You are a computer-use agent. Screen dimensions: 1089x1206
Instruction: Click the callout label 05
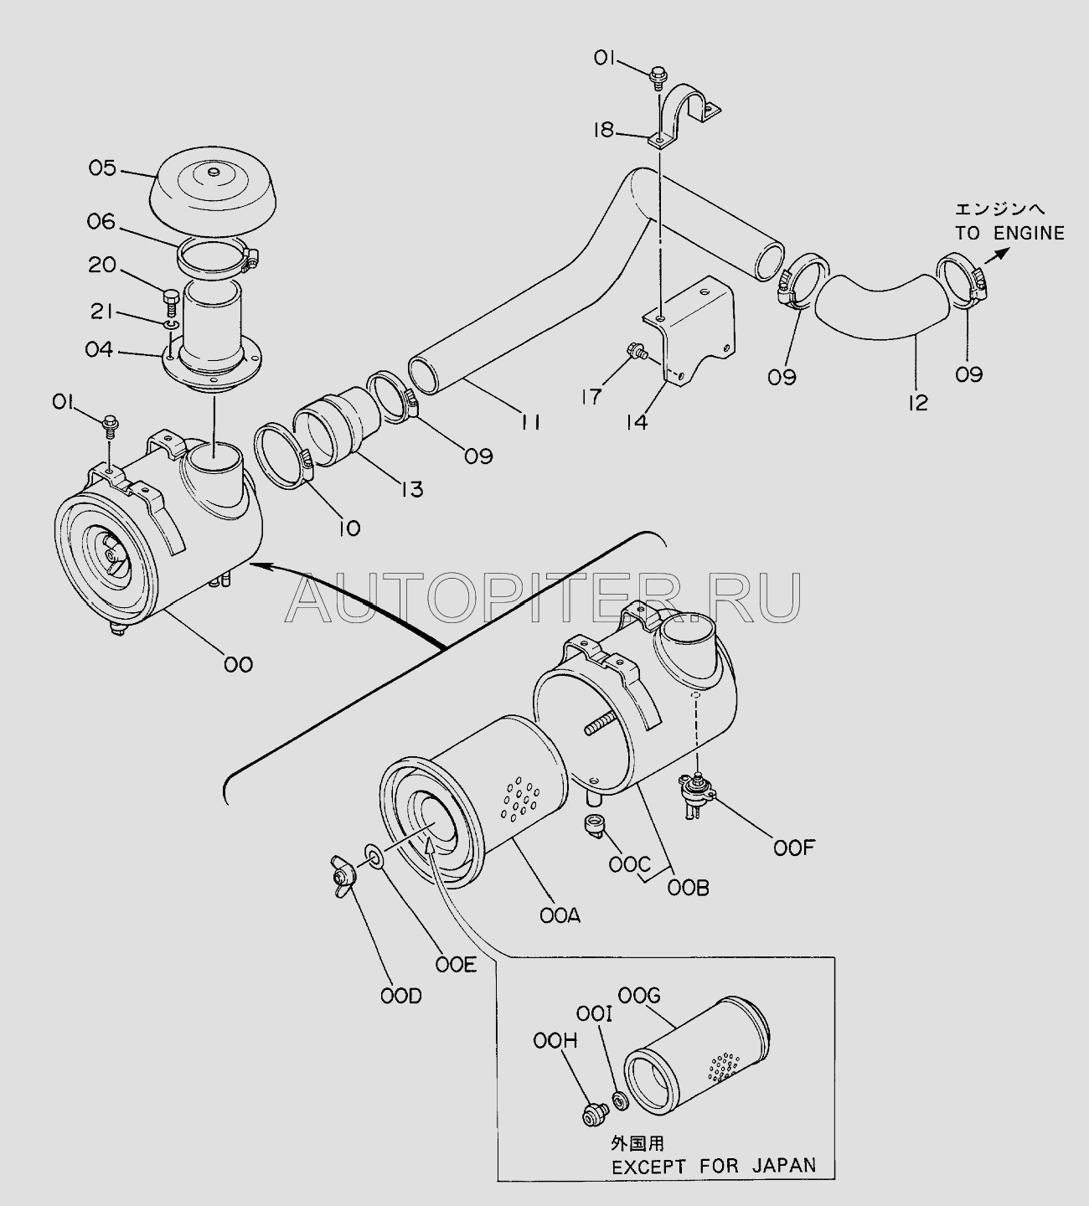point(102,168)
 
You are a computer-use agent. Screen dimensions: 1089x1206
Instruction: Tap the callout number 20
point(102,265)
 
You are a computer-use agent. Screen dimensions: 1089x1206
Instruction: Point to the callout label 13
point(412,489)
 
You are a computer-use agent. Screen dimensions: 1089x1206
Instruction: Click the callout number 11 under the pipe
point(529,422)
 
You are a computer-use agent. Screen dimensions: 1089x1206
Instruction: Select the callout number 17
point(592,397)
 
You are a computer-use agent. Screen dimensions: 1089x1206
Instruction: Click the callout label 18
point(603,130)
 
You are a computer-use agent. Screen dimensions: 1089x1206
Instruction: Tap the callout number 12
point(918,404)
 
